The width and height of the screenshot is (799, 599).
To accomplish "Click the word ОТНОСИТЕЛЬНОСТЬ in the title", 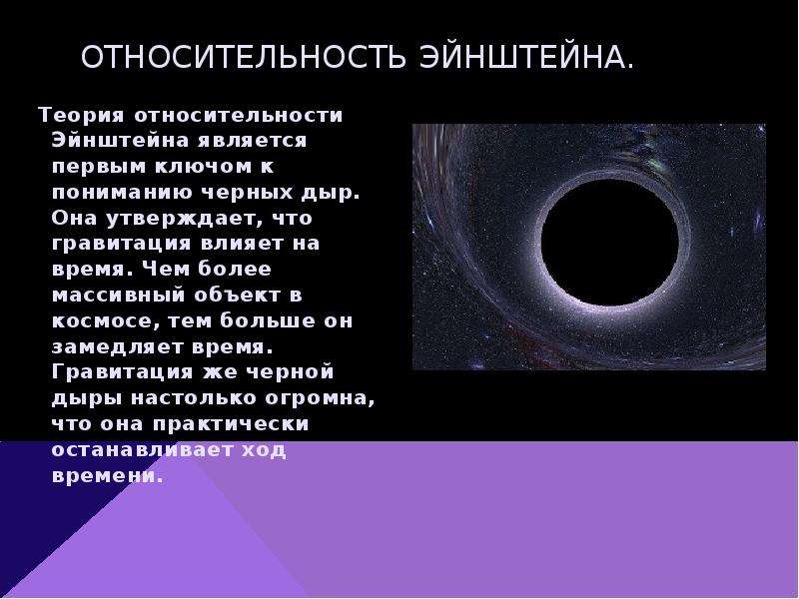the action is (244, 57).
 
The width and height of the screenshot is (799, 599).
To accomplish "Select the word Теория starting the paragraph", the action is (81, 115).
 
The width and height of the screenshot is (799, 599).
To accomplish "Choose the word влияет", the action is (242, 244).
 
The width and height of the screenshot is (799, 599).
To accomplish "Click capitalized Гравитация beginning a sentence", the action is (122, 371).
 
